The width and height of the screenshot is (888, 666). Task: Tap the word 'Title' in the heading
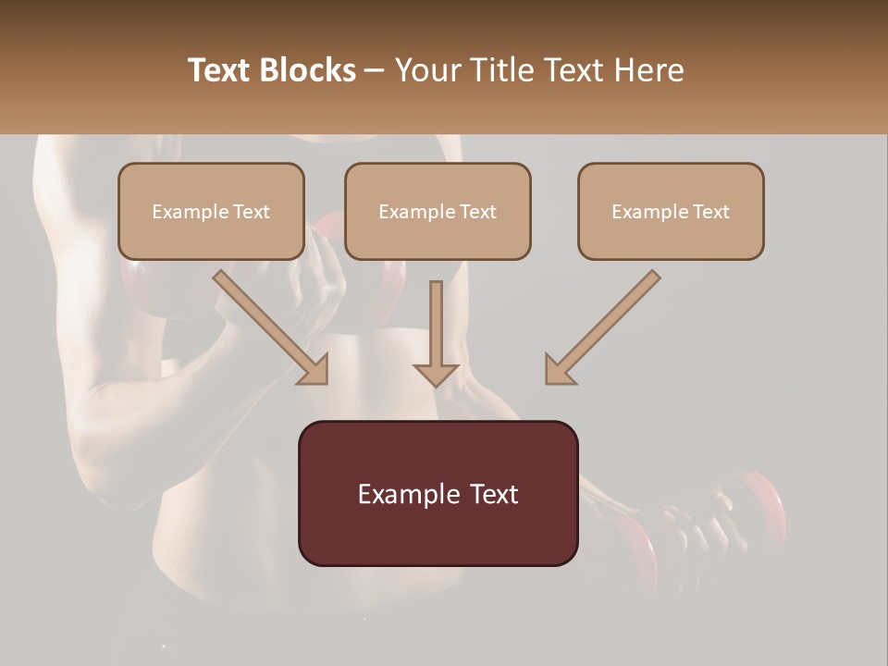[x=498, y=70]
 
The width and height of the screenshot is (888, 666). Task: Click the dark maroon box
[x=438, y=536]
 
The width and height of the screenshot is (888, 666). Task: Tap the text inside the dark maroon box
[x=438, y=494]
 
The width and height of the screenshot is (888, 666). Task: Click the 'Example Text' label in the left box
[x=211, y=212]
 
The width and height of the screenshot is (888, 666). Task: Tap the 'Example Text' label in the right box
[x=671, y=212]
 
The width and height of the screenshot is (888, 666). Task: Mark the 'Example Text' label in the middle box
[x=438, y=212]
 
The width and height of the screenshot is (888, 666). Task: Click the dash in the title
[x=376, y=71]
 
